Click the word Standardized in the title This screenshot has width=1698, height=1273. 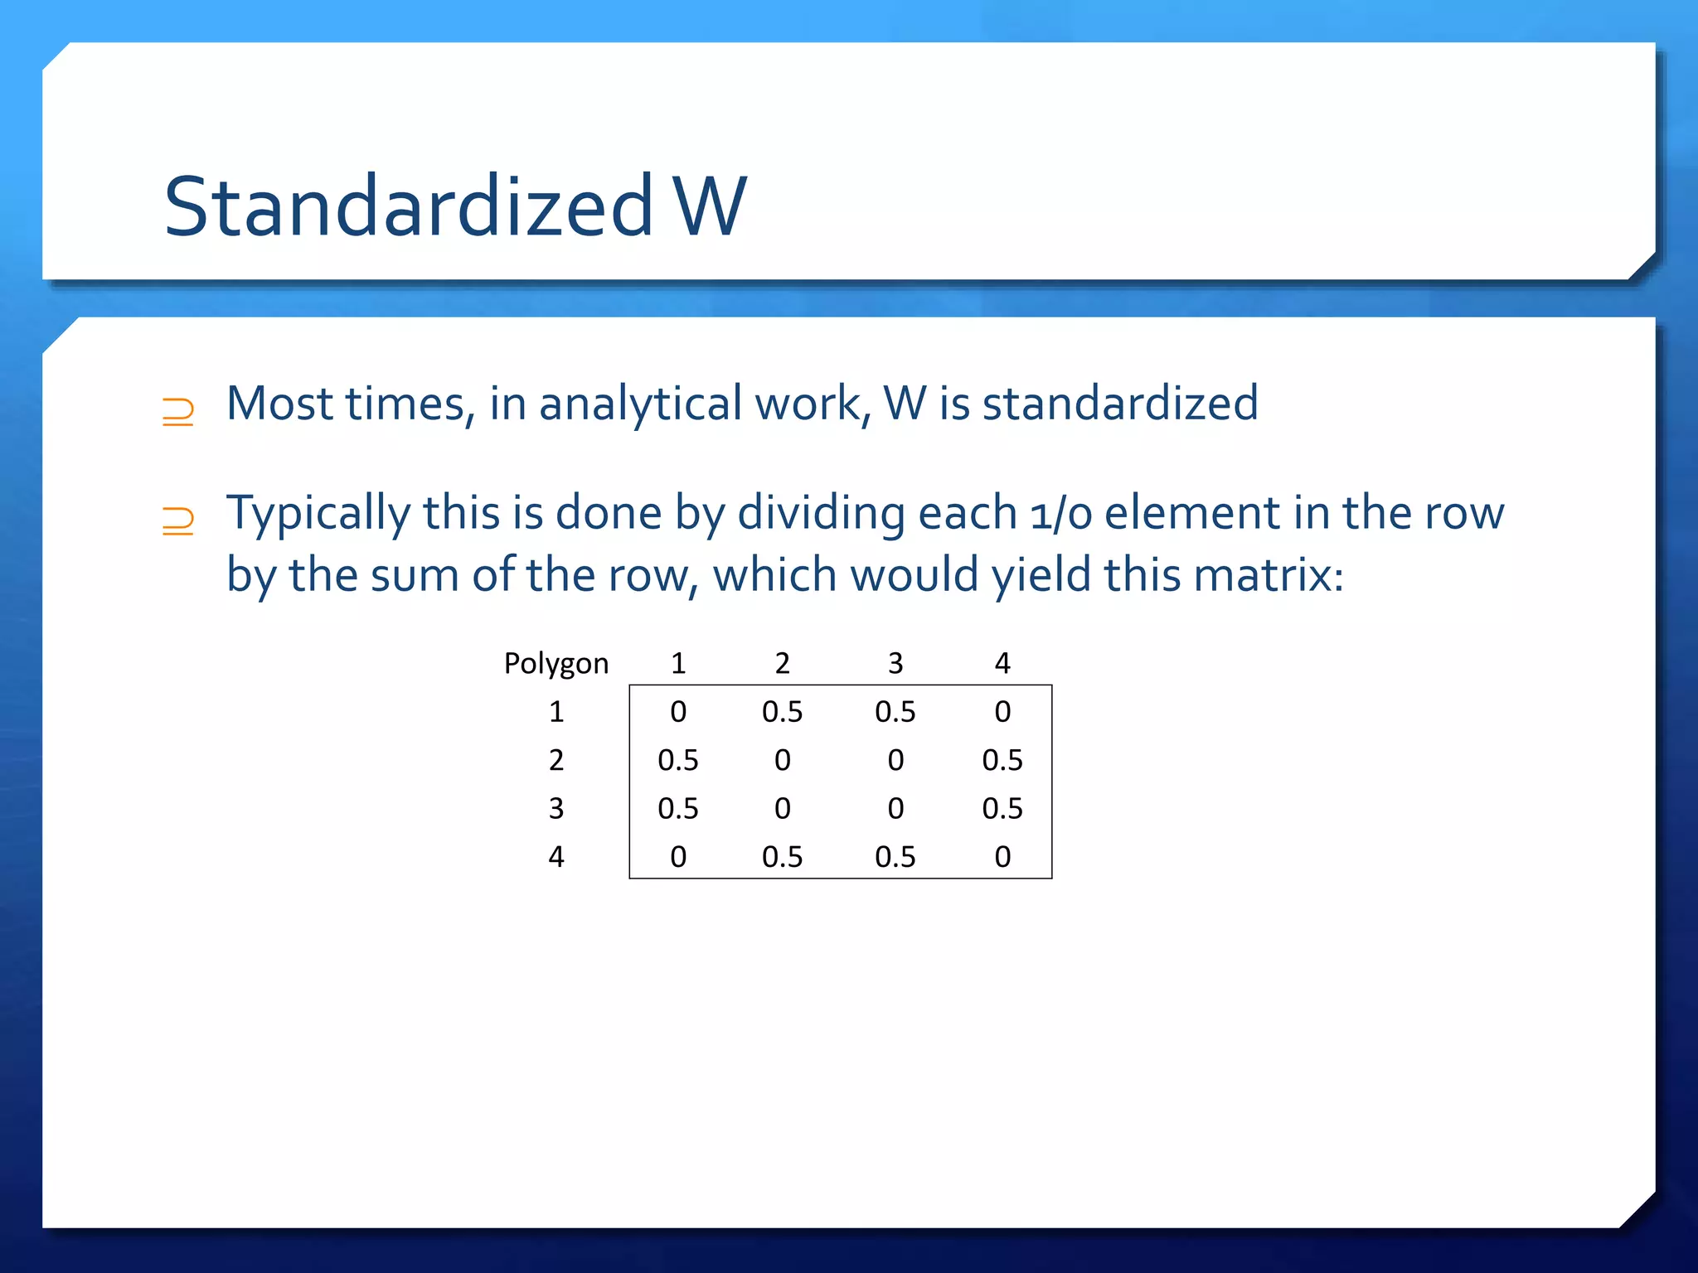409,206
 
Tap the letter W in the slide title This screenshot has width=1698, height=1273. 710,206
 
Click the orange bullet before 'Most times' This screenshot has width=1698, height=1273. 177,411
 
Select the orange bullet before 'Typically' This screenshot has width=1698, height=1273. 177,520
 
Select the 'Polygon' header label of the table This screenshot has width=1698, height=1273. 555,663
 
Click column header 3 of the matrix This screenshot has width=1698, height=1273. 895,663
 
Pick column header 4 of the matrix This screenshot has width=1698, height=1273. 1002,663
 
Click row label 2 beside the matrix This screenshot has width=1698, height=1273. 556,760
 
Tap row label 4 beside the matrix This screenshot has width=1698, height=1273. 556,856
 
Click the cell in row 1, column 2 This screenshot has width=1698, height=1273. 782,712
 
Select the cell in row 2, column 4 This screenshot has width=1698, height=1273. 1002,760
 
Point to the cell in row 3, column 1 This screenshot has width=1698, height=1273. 677,808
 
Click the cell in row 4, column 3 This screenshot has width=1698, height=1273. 895,856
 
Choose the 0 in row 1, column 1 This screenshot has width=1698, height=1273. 678,712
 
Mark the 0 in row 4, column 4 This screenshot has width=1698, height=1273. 1002,856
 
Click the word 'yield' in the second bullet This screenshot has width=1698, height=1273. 1041,575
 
